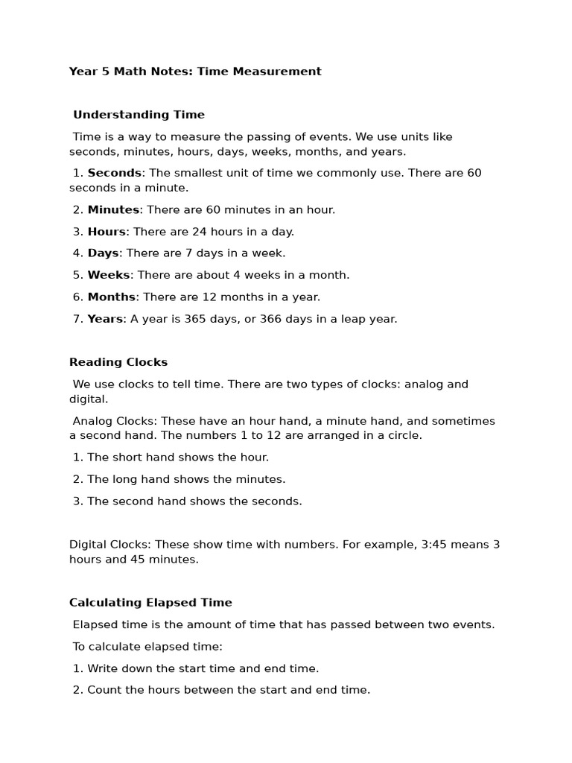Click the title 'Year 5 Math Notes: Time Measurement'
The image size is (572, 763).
tap(195, 72)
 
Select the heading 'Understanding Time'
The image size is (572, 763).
tap(139, 115)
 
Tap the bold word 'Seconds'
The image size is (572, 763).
tap(114, 173)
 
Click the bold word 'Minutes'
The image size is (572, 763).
tap(113, 210)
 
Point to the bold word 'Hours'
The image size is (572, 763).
tap(107, 232)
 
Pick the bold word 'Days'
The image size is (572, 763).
tap(103, 253)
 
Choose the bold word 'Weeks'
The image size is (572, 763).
tap(109, 275)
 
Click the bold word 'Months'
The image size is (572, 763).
tap(111, 297)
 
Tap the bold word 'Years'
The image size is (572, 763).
tap(105, 319)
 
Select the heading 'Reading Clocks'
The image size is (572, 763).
tap(118, 362)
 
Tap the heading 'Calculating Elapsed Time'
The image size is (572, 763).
tap(150, 603)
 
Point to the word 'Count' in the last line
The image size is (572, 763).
tap(104, 690)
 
